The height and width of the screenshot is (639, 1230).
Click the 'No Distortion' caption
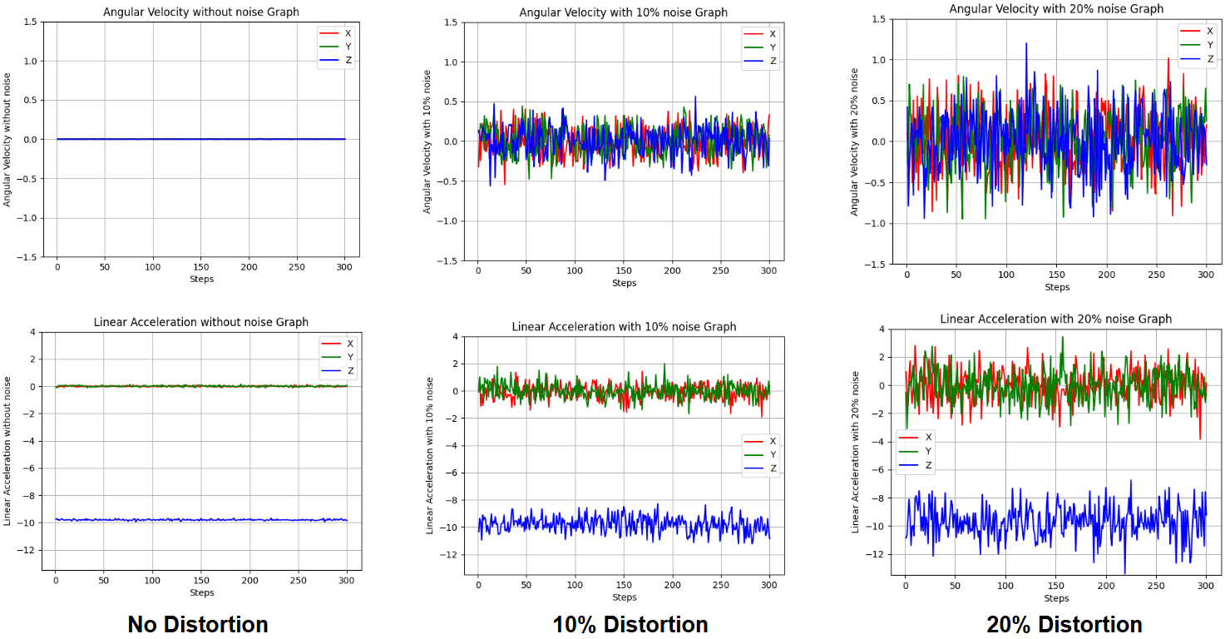[198, 624]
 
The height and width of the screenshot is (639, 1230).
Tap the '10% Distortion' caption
[630, 624]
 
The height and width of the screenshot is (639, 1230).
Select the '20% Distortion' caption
[1065, 624]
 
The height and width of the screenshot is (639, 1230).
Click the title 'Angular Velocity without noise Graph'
[201, 12]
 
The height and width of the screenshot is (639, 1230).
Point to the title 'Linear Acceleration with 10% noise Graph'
[624, 326]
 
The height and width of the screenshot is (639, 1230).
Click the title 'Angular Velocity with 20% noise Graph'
[1056, 9]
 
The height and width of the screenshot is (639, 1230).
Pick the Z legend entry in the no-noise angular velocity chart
[335, 61]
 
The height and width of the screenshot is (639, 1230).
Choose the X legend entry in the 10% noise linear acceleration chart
[760, 441]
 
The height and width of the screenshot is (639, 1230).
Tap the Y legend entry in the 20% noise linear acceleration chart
[916, 451]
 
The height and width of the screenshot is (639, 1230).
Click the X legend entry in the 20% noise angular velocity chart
[1197, 32]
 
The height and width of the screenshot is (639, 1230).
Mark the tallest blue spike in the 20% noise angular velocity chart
[1026, 44]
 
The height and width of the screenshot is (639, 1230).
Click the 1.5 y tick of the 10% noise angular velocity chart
[450, 22]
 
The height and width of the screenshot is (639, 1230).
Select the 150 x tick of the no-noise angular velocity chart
[201, 267]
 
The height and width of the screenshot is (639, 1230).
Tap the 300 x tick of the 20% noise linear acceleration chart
[1205, 586]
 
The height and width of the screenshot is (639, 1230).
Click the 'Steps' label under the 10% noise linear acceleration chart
[625, 597]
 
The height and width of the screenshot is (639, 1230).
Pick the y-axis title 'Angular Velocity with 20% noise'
[854, 141]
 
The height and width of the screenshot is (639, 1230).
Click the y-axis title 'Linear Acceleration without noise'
[7, 451]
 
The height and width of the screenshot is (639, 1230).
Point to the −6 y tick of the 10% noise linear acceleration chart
[451, 473]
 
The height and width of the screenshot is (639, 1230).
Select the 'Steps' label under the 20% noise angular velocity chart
[1057, 287]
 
